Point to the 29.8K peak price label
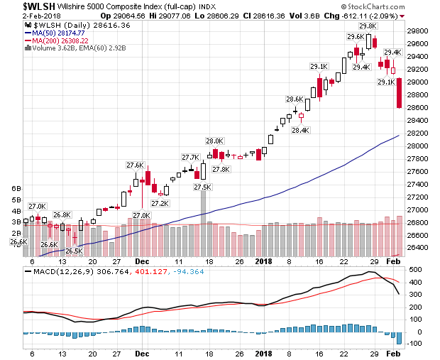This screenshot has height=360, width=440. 368,26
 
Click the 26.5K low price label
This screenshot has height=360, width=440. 73,251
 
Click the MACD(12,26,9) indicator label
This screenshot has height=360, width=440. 54,271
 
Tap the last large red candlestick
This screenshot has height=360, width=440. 400,93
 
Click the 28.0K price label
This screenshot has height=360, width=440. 214,141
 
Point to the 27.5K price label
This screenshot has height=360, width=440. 203,187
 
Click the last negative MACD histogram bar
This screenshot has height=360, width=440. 400,338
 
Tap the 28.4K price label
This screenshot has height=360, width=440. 300,129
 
